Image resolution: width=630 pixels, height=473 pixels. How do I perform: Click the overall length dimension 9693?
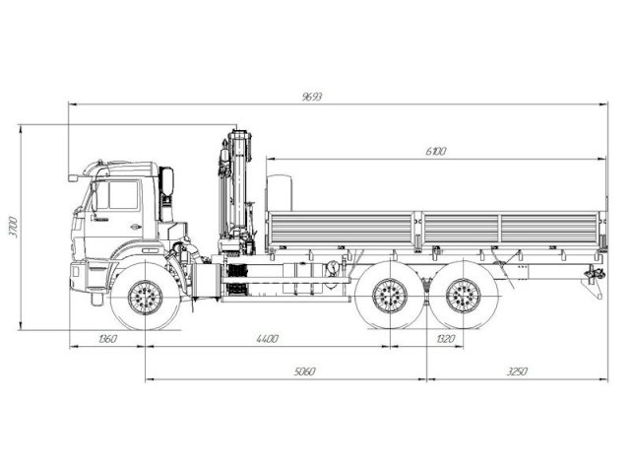(313, 97)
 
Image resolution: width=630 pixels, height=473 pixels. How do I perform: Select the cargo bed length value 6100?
(436, 151)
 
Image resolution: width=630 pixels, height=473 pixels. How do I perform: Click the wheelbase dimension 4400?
(267, 339)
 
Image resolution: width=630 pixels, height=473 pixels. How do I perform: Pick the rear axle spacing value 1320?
(444, 339)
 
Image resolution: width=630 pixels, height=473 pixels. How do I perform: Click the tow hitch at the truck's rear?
(593, 276)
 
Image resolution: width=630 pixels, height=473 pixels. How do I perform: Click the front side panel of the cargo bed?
(344, 230)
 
